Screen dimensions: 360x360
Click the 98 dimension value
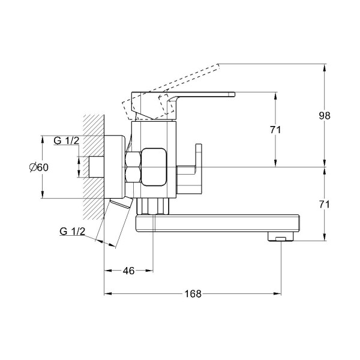325,116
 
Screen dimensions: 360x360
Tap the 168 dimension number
193,293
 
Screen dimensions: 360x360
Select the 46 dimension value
128,271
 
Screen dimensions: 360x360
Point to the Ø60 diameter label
39,167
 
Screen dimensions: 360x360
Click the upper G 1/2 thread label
67,140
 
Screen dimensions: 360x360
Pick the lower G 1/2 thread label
73,231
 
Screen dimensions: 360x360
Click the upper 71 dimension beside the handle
275,130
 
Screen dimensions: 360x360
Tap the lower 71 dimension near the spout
325,205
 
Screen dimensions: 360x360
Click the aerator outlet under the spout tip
281,236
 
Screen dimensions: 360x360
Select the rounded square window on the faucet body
154,167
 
